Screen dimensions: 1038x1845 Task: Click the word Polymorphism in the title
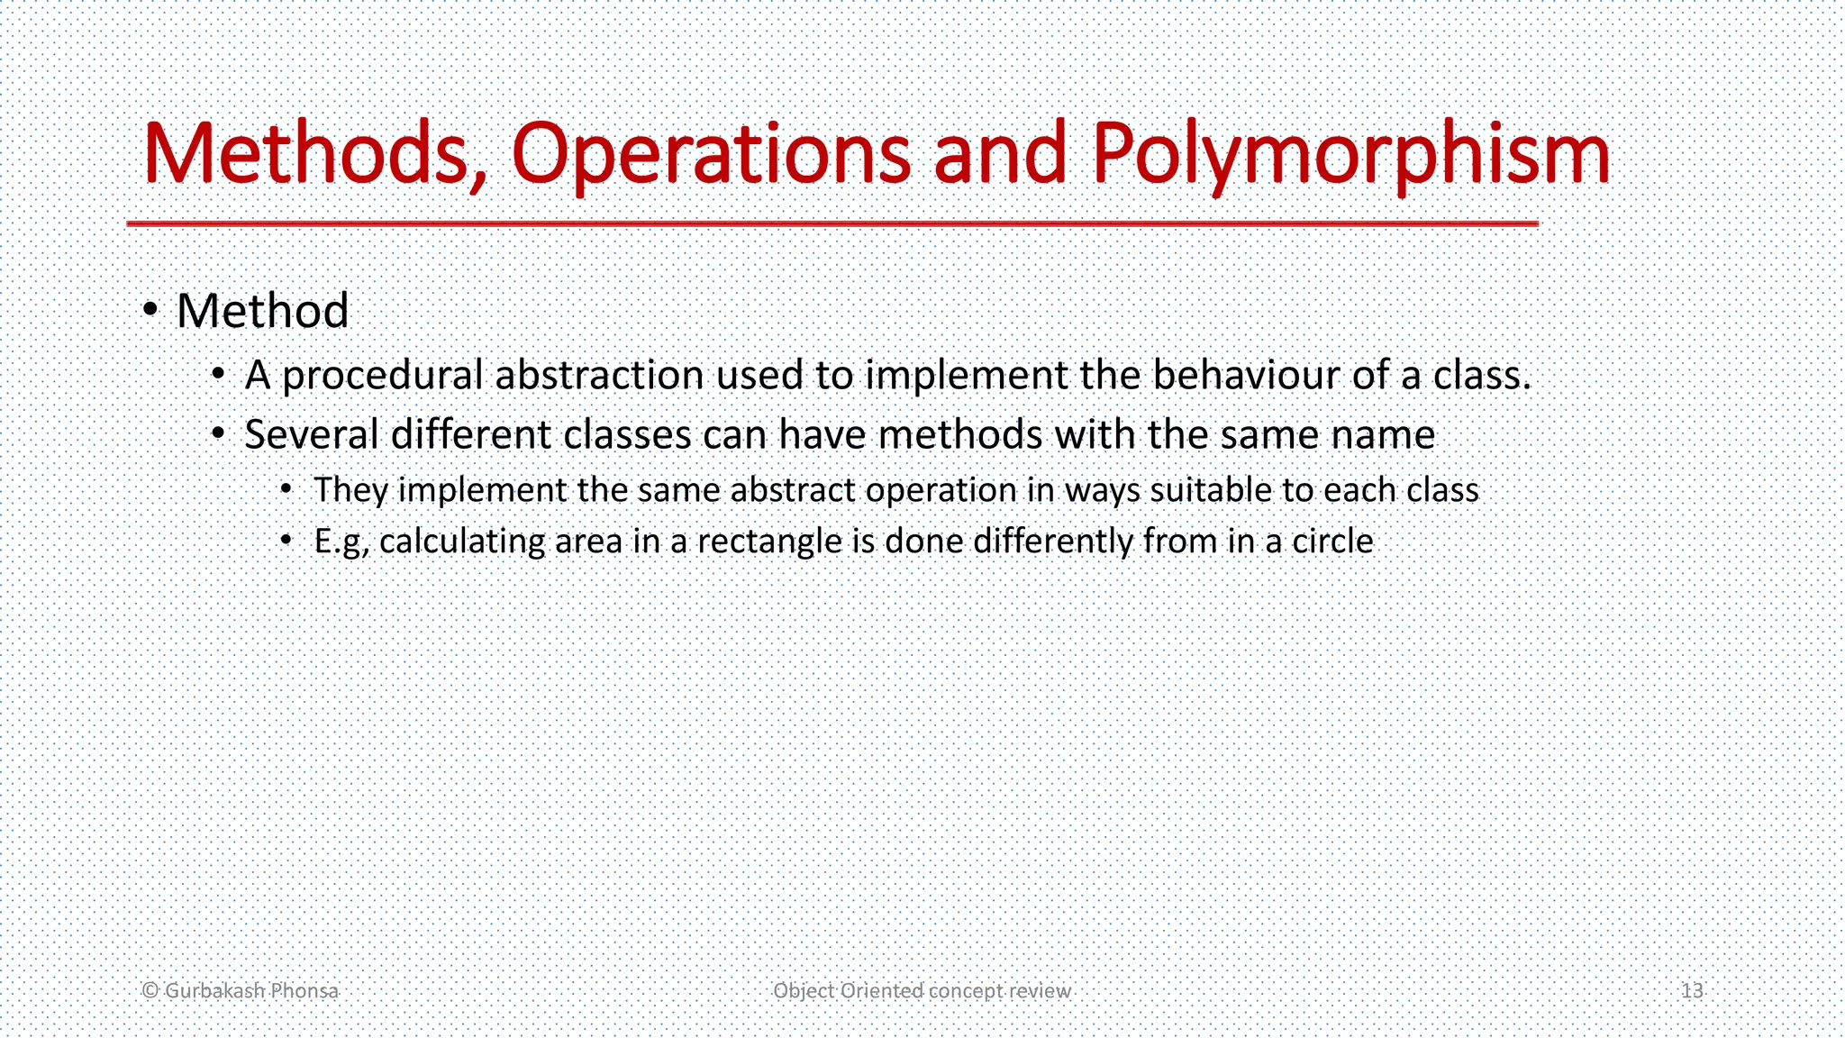[x=1351, y=155]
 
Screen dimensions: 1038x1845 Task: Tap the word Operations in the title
[x=711, y=155]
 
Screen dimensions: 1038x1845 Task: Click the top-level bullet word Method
[x=262, y=312]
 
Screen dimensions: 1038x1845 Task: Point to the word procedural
[x=383, y=376]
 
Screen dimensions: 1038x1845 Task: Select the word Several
[x=312, y=435]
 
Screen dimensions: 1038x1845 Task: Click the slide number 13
[x=1692, y=991]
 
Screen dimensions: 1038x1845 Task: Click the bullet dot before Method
[x=151, y=311]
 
